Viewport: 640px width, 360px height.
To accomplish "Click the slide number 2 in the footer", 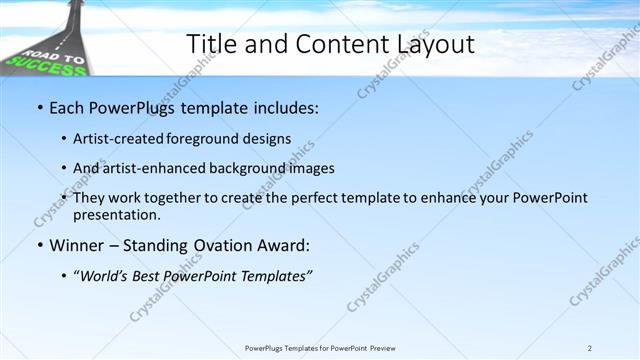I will [589, 348].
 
